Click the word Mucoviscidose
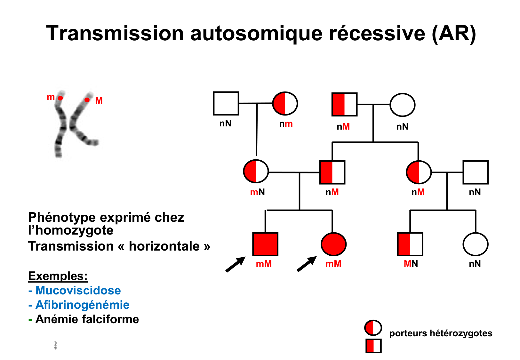click(78, 290)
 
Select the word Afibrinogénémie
click(82, 305)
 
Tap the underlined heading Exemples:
click(58, 276)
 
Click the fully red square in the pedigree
click(265, 244)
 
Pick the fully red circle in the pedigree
click(333, 244)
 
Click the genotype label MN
click(411, 264)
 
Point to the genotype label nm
click(286, 124)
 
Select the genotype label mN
click(257, 192)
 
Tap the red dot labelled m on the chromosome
click(60, 98)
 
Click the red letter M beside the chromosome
click(99, 101)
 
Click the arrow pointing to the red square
click(235, 264)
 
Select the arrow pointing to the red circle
click(307, 264)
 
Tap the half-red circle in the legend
click(373, 328)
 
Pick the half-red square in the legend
click(373, 346)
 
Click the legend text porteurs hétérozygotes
click(441, 333)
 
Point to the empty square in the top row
click(226, 103)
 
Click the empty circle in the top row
click(402, 105)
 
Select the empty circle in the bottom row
click(475, 244)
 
